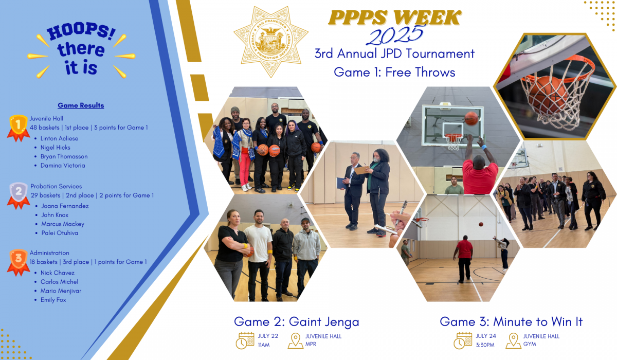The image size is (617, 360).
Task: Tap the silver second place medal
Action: [19, 195]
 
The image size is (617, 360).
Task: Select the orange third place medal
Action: [18, 262]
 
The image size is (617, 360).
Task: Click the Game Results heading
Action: [81, 105]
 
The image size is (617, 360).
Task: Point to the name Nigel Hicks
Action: [56, 148]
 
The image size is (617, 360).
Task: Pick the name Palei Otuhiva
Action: [60, 233]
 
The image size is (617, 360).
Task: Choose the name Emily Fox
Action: [53, 300]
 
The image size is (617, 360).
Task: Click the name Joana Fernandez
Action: [65, 206]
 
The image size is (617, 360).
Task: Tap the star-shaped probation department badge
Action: [271, 42]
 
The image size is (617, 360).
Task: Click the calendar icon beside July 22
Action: [245, 340]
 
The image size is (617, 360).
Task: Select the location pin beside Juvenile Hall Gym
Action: [513, 341]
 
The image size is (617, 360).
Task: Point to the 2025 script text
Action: [395, 35]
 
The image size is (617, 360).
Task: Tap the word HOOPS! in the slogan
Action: [81, 31]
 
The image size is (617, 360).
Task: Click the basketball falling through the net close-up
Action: [548, 95]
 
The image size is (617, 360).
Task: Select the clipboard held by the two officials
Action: [361, 169]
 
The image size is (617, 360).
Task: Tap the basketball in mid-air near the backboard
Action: [471, 118]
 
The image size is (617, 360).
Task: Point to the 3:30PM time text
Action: [485, 345]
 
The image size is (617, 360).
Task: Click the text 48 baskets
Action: [45, 128]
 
